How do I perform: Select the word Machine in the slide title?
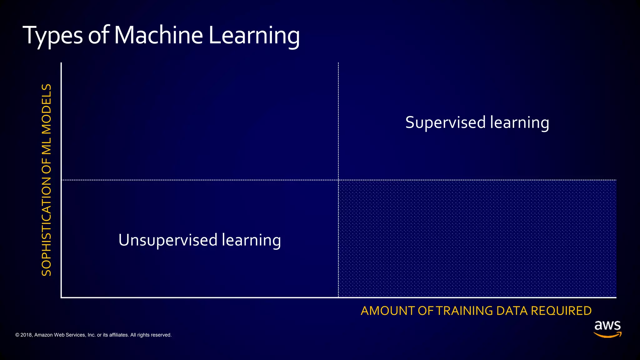click(158, 35)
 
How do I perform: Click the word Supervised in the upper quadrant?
click(445, 122)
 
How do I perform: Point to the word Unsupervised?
click(168, 240)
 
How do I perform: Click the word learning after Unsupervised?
click(251, 240)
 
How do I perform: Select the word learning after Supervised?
click(519, 122)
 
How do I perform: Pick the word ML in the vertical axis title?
click(47, 145)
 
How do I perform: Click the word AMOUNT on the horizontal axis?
click(387, 311)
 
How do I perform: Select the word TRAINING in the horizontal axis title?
click(464, 311)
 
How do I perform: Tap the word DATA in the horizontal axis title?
click(512, 311)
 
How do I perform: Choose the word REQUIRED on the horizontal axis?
click(561, 311)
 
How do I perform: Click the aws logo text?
click(607, 326)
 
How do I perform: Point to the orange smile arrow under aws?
click(607, 335)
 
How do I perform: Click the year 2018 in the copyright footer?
click(26, 335)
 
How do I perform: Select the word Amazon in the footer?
click(43, 335)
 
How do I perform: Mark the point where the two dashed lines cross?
click(338, 180)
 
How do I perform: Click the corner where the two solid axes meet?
click(61, 297)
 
